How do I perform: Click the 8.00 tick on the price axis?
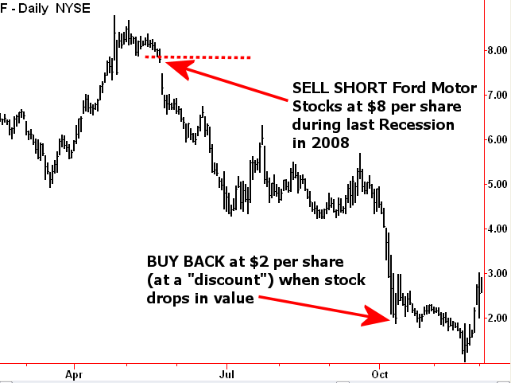pyautogui.click(x=497, y=50)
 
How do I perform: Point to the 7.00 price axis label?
pyautogui.click(x=497, y=95)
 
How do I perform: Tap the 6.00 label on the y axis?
pyautogui.click(x=497, y=139)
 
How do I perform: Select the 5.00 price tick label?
pyautogui.click(x=497, y=184)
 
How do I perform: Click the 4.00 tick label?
pyautogui.click(x=497, y=229)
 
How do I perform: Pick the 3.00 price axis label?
pyautogui.click(x=497, y=273)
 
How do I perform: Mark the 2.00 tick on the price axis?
pyautogui.click(x=497, y=318)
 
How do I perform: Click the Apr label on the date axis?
pyautogui.click(x=74, y=373)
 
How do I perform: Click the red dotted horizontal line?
pyautogui.click(x=207, y=57)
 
